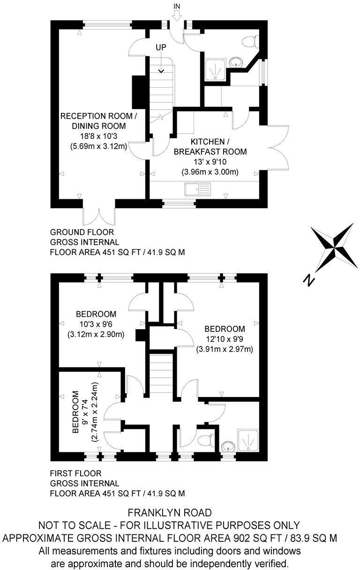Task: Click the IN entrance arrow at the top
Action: click(x=176, y=15)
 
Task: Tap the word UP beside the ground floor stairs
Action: click(x=162, y=48)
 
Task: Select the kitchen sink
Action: click(x=198, y=189)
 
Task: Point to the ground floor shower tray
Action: click(x=216, y=69)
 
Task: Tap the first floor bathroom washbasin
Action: click(x=228, y=445)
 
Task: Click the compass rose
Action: click(x=334, y=244)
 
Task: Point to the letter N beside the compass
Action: click(x=308, y=280)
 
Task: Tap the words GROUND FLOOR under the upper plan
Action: click(x=82, y=232)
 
